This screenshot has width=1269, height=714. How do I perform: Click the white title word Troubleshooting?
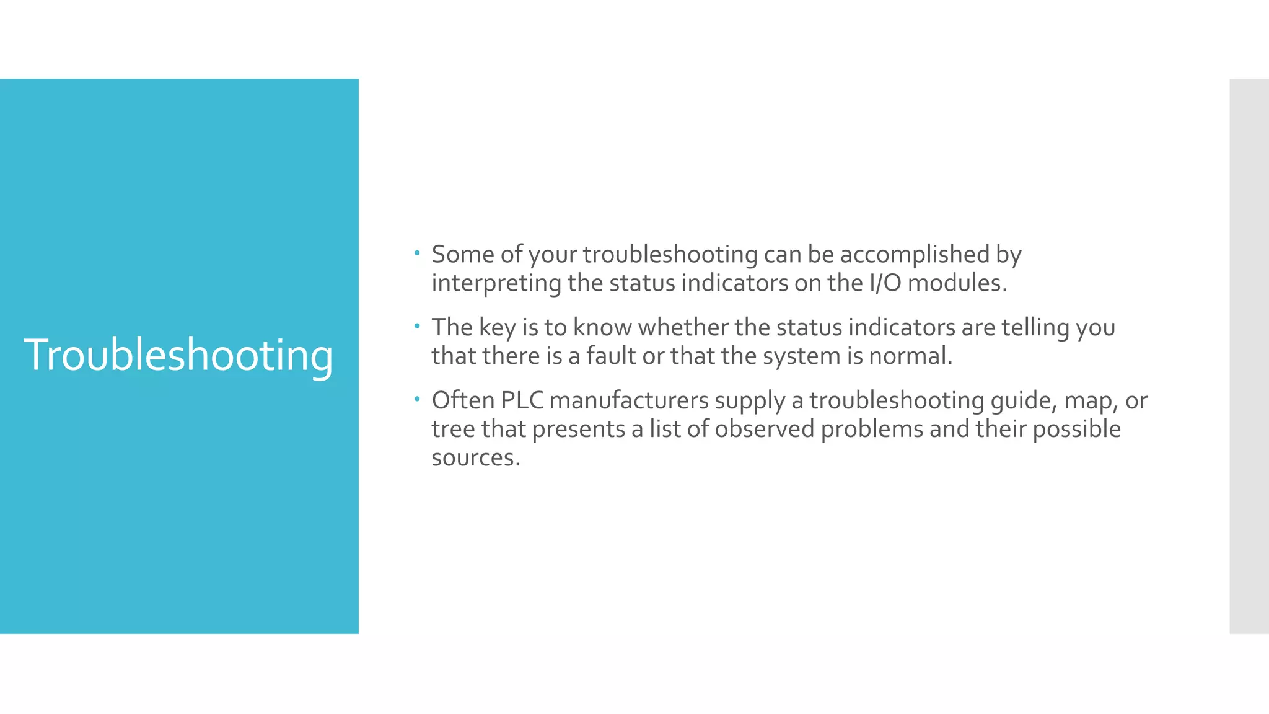[178, 356]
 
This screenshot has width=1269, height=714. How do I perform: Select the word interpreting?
[496, 284]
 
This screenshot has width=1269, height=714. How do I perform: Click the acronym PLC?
[522, 400]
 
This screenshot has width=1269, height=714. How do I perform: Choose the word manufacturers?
[629, 400]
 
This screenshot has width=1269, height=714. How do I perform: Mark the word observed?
[764, 429]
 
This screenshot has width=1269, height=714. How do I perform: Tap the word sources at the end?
[475, 458]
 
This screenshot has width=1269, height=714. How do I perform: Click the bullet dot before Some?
[417, 253]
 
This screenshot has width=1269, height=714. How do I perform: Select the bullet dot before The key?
[417, 326]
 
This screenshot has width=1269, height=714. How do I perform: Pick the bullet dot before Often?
[417, 399]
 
